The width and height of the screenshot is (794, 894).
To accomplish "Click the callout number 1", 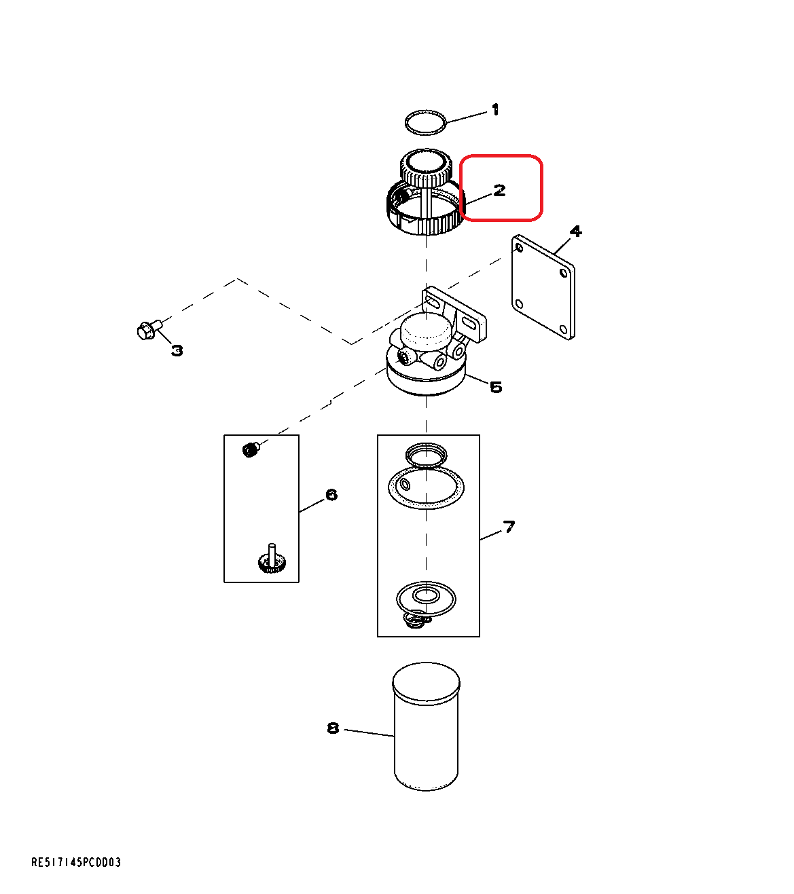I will click(x=495, y=109).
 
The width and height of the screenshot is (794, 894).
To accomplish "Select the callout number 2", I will click(x=500, y=190).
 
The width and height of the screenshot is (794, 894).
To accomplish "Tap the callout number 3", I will click(x=177, y=350).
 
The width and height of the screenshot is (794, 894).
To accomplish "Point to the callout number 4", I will click(x=576, y=231).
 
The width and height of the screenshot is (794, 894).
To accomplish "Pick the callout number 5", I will click(x=496, y=387).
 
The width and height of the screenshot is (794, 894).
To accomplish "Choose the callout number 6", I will click(x=331, y=494).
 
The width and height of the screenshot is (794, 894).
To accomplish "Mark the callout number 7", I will click(x=509, y=526).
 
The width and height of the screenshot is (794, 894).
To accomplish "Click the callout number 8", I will click(x=333, y=728).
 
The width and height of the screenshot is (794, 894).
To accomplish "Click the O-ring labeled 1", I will click(x=426, y=123).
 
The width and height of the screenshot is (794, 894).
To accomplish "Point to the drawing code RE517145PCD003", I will click(x=76, y=862).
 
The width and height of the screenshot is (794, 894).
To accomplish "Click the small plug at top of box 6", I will click(x=251, y=449).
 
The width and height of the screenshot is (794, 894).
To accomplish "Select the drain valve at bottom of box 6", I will click(x=272, y=561).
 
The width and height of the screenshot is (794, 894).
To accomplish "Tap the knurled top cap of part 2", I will click(x=425, y=168).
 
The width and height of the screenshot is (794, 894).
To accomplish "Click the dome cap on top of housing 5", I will click(x=426, y=331).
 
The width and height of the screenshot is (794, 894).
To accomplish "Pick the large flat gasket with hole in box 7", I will click(x=426, y=488).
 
